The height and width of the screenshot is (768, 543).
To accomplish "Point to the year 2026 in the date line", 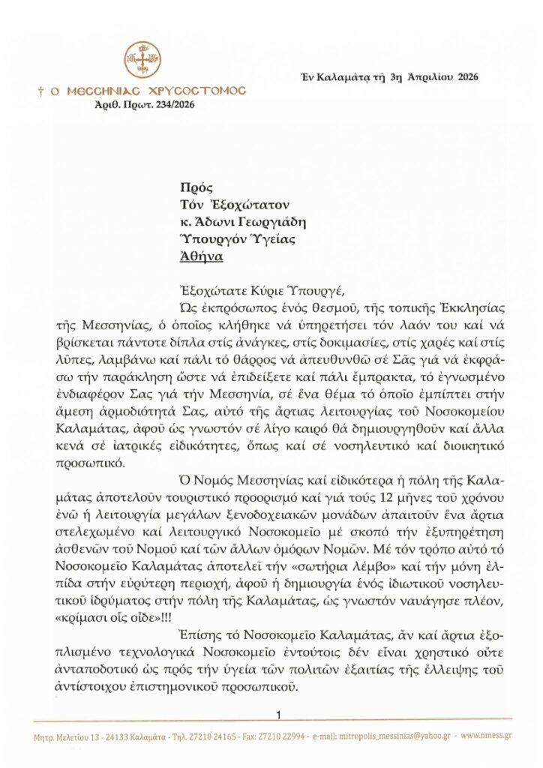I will [x=463, y=77].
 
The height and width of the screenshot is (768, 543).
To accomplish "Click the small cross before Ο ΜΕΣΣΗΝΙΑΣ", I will [x=40, y=91].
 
